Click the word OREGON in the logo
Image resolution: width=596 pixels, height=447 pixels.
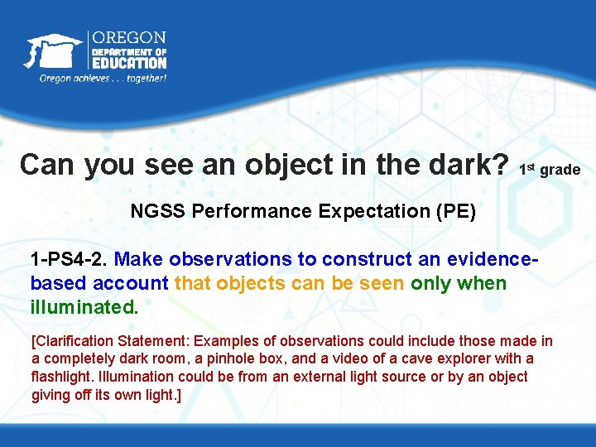point(128,38)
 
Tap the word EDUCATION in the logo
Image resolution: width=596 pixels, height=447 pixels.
point(128,62)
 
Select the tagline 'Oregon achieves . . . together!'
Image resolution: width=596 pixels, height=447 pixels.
point(103,78)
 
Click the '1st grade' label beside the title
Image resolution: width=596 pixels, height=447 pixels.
point(550,169)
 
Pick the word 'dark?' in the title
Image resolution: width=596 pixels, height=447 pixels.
point(469,164)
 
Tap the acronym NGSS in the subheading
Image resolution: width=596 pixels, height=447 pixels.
point(158,211)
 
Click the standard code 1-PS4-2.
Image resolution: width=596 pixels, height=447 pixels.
point(69,259)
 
